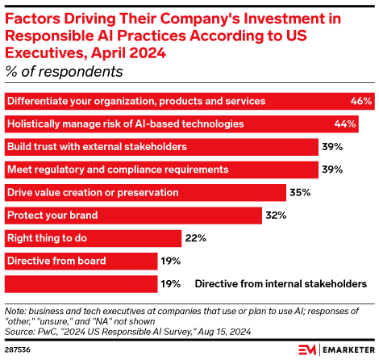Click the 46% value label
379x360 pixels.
361,102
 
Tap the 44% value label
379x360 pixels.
345,124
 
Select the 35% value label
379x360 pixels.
301,193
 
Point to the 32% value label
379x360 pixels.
277,216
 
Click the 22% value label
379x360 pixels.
195,238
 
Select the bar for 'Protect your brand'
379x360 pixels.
133,216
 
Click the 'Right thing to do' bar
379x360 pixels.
93,238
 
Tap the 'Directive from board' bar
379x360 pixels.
81,262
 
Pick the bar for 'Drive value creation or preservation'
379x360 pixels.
145,193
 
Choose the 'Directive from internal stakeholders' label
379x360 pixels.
281,284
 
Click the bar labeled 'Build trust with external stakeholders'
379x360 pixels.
161,147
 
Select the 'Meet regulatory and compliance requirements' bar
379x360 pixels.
161,170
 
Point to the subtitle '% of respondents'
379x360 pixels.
64,71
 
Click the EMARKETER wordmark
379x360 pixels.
343,350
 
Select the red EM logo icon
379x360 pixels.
305,350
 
